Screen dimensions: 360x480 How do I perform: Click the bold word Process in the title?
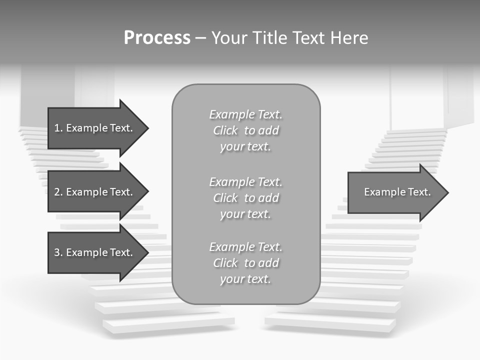[157, 38]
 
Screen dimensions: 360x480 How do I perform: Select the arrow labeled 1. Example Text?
[95, 128]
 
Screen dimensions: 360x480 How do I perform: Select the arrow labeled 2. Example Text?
[95, 192]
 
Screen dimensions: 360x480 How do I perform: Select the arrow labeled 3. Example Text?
[95, 252]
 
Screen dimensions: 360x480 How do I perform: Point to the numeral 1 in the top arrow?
[57, 128]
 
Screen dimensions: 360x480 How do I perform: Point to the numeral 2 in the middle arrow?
[57, 192]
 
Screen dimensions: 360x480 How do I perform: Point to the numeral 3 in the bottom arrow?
[57, 252]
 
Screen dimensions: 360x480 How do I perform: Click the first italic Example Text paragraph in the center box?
[245, 130]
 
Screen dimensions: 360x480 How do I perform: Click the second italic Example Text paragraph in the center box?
[245, 198]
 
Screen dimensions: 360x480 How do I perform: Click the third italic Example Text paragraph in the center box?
[245, 263]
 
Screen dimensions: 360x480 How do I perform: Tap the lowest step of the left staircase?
[170, 324]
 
